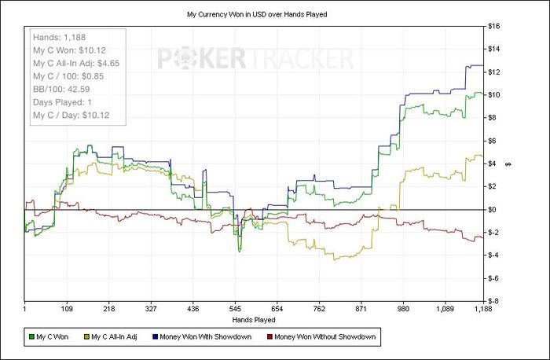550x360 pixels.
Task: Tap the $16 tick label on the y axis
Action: point(496,26)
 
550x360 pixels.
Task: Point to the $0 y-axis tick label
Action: point(494,209)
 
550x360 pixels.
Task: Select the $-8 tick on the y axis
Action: point(496,301)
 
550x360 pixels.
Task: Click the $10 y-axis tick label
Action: point(496,95)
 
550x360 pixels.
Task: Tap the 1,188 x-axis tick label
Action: point(474,310)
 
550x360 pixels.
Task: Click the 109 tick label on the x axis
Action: point(67,310)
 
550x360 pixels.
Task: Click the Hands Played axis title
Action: point(253,320)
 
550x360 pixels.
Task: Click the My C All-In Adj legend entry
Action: point(116,337)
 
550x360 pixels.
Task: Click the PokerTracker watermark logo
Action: point(255,60)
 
